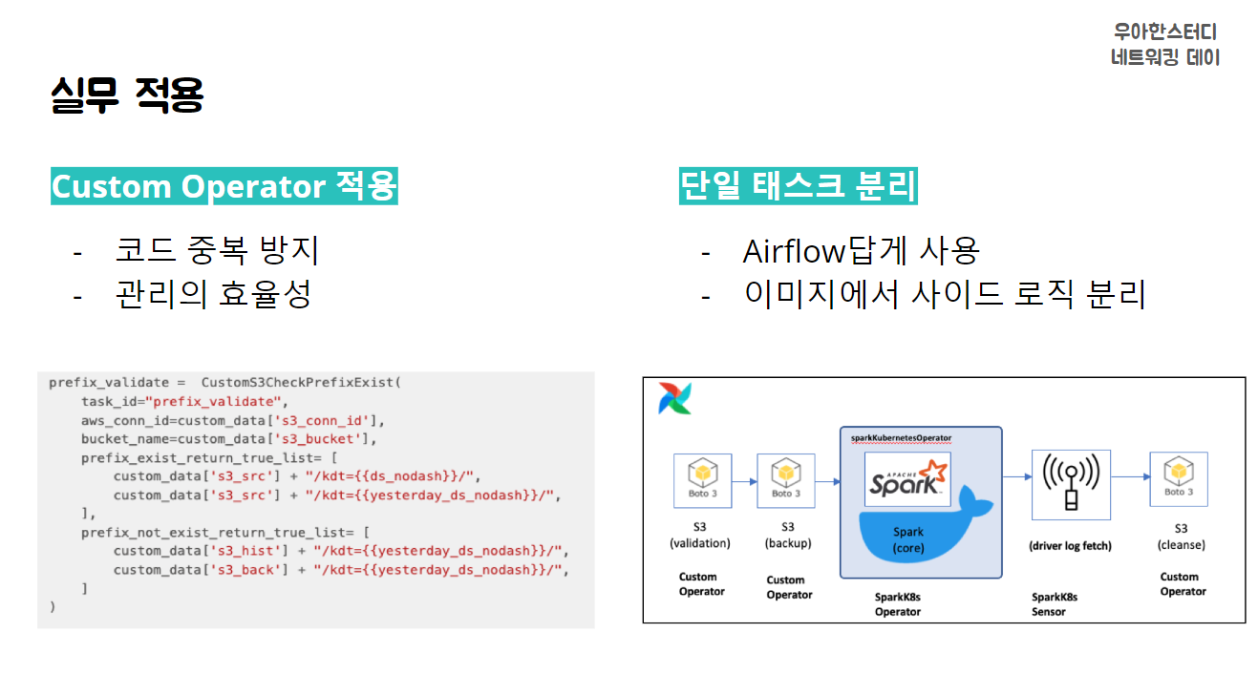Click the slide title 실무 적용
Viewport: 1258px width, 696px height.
[x=127, y=95]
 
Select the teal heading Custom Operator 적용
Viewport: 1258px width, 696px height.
[x=224, y=185]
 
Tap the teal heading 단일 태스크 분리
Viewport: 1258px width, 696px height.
[x=798, y=185]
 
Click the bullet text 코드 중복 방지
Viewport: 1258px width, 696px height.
[x=217, y=250]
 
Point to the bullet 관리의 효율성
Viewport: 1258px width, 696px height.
[x=213, y=294]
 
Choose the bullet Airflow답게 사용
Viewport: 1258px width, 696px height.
[x=861, y=251]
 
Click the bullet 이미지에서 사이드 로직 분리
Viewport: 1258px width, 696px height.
[x=944, y=294]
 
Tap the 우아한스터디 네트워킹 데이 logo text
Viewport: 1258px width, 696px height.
[x=1164, y=45]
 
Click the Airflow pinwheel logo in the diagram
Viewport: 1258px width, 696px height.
[x=674, y=398]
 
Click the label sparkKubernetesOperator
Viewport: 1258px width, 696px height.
[x=901, y=437]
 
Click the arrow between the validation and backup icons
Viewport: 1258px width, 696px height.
[x=744, y=480]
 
